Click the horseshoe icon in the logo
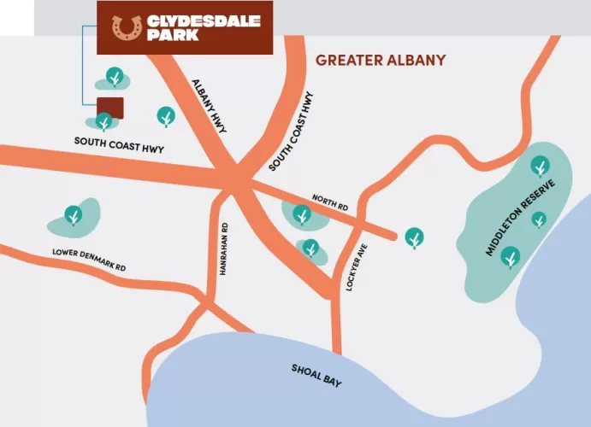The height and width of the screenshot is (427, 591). [x=127, y=27]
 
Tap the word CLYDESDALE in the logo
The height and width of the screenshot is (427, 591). [x=203, y=20]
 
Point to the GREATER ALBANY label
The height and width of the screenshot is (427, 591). [x=381, y=61]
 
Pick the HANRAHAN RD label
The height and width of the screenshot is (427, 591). [x=223, y=244]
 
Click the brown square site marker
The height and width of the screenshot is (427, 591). [x=109, y=108]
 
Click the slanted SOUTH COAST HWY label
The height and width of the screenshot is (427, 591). [x=292, y=130]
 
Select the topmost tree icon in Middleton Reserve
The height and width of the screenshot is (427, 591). [x=540, y=165]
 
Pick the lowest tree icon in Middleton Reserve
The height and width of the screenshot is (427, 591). [x=511, y=255]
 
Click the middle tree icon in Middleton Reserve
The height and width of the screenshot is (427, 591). [x=539, y=219]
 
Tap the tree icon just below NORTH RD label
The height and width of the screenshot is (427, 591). [x=301, y=213]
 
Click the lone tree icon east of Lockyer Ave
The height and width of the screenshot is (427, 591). [x=414, y=237]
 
